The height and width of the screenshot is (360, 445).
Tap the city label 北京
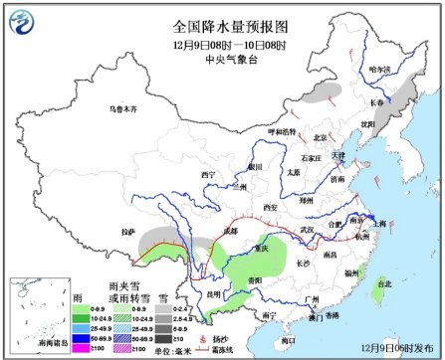pyautogui.click(x=321, y=137)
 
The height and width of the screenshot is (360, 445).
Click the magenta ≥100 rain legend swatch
pyautogui.click(x=83, y=349)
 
